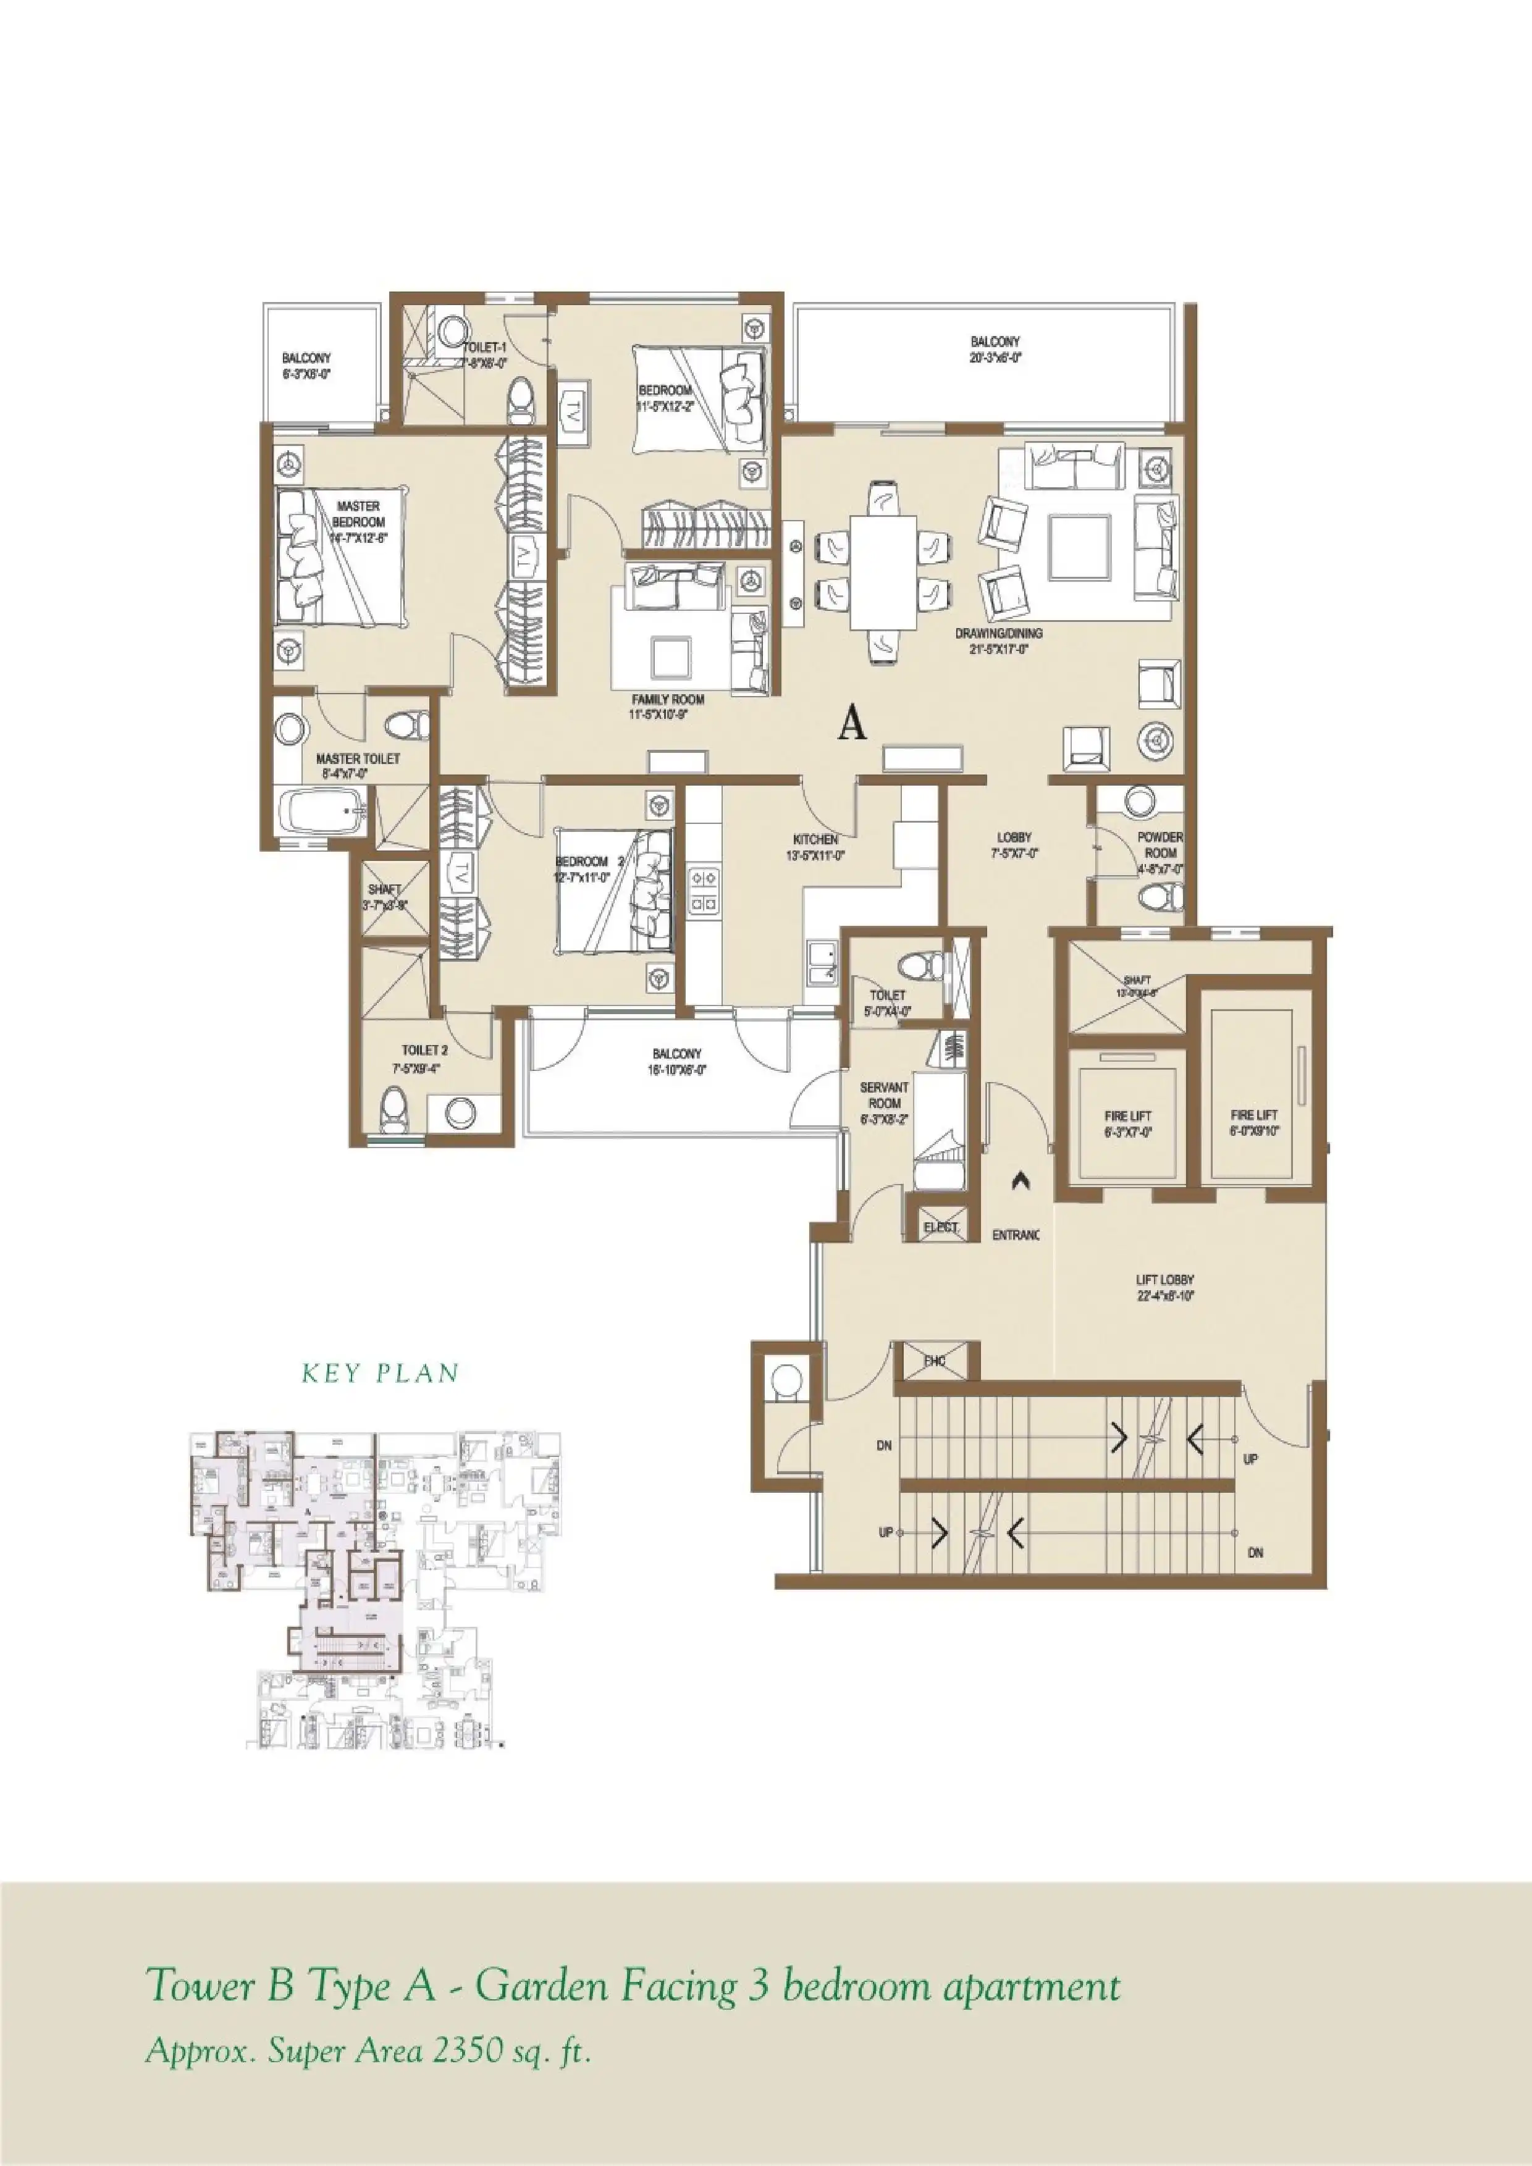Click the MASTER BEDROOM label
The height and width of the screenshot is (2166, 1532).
click(x=358, y=514)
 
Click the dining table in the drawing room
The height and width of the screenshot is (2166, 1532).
click(x=883, y=572)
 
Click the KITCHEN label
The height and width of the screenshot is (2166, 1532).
click(x=815, y=839)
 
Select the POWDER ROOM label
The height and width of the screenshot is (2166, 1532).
click(x=1160, y=844)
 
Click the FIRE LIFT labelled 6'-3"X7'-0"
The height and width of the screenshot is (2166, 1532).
click(x=1127, y=1116)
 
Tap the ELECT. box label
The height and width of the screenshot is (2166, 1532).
click(x=941, y=1227)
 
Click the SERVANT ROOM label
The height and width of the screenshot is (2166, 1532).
click(x=884, y=1095)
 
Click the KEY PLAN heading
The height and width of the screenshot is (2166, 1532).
click(x=380, y=1374)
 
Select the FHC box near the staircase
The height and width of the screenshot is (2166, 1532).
click(x=935, y=1361)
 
